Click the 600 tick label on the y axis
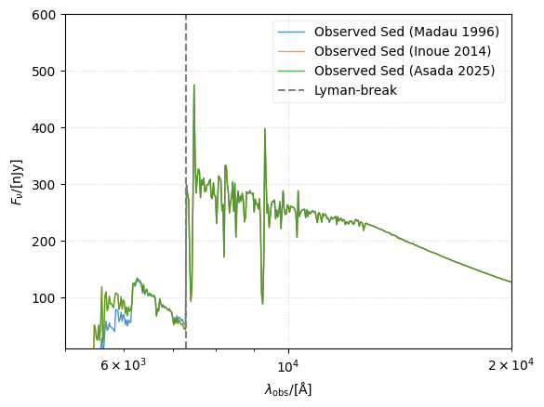(x=45, y=15)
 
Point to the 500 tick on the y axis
(x=45, y=72)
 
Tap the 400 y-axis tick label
(x=45, y=128)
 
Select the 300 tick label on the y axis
(x=45, y=185)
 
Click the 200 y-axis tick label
(x=45, y=242)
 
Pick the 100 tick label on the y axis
(x=45, y=298)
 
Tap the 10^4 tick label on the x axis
(x=287, y=365)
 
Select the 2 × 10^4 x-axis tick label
(x=511, y=365)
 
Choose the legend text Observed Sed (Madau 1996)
(x=406, y=33)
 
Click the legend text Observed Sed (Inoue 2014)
(x=405, y=51)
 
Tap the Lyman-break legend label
(x=354, y=90)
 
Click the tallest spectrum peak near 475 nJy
(x=193, y=85)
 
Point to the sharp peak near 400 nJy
(x=265, y=129)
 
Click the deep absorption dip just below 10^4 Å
(x=262, y=303)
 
